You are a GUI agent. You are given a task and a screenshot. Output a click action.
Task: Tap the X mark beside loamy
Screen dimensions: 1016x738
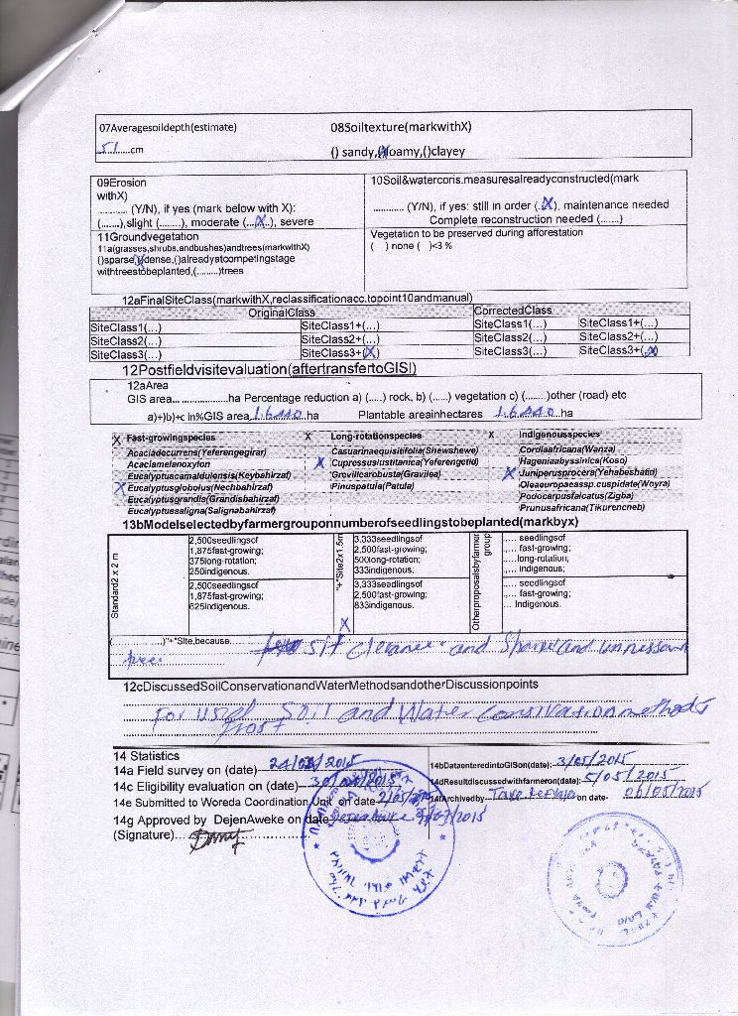[x=384, y=152]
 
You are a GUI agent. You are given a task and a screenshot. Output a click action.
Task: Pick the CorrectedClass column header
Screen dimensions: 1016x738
[x=513, y=311]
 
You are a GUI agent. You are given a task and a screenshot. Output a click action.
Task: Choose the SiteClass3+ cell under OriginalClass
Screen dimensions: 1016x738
[x=340, y=352]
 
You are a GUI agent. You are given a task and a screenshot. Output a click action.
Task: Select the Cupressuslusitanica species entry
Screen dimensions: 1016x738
[x=405, y=461]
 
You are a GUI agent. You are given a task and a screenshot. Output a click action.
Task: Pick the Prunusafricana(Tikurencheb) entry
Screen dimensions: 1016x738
[x=581, y=507]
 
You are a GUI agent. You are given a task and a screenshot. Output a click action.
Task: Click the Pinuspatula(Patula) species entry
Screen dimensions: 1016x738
[x=372, y=486]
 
